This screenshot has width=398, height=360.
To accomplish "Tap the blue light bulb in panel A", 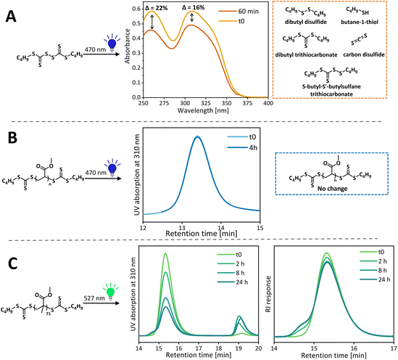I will coord(112,44).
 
